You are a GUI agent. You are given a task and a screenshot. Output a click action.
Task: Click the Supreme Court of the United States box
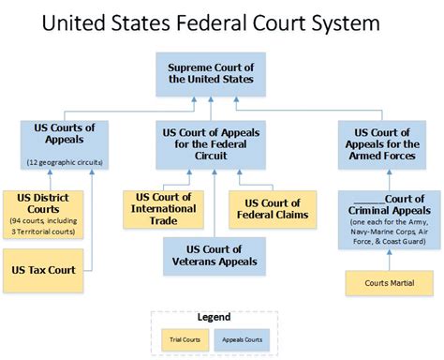tap(211, 73)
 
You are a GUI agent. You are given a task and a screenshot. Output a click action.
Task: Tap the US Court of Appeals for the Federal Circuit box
tap(212, 140)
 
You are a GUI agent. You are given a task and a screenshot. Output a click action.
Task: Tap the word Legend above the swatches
tap(218, 317)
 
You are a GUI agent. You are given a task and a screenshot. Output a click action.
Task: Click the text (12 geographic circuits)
tap(65, 161)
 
